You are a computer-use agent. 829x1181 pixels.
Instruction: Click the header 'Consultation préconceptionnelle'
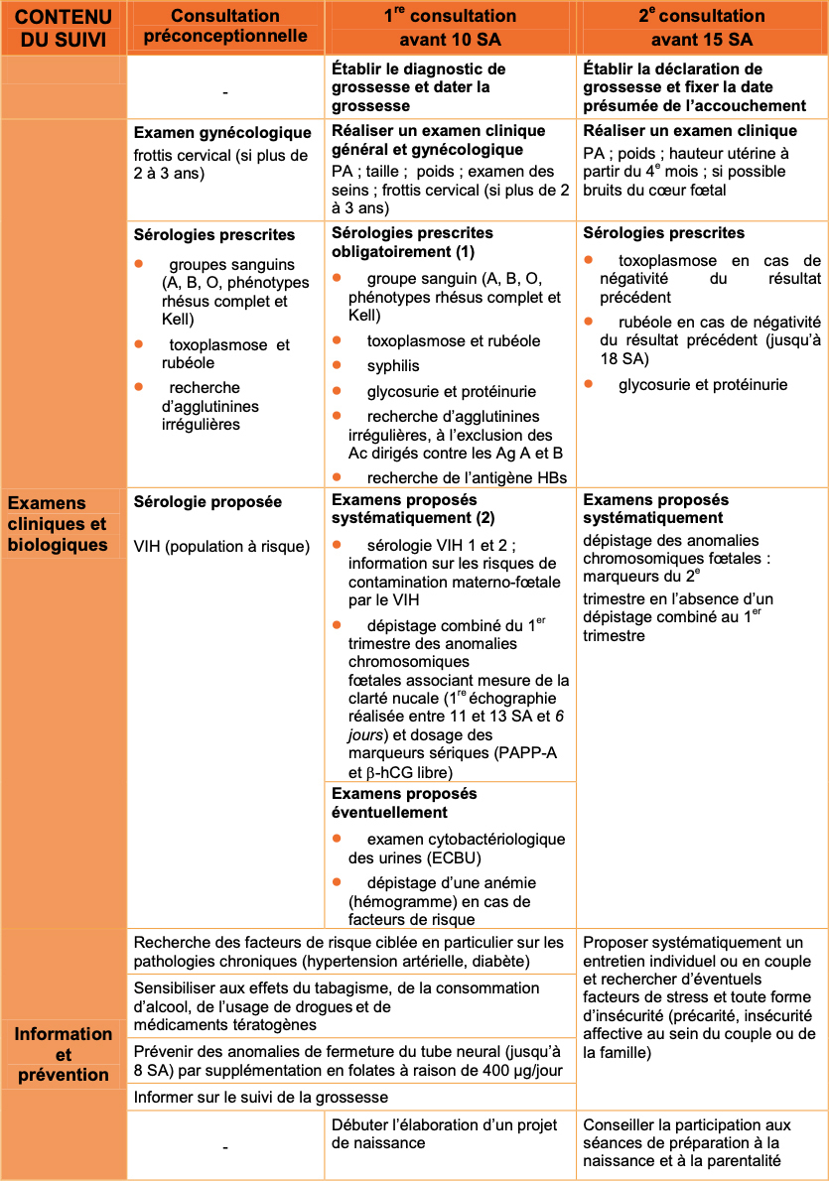tap(225, 28)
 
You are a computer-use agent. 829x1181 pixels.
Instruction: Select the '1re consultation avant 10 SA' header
tap(450, 28)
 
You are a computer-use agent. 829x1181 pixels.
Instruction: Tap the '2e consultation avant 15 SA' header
tap(702, 28)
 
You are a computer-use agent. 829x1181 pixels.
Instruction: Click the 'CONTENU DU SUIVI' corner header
tap(64, 28)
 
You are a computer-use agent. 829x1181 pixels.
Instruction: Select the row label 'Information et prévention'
tap(64, 1054)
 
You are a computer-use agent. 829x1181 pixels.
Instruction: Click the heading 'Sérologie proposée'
tap(207, 502)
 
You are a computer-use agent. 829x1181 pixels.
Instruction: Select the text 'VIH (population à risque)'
tap(221, 546)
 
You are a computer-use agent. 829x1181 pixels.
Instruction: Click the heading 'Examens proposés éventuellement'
tap(404, 803)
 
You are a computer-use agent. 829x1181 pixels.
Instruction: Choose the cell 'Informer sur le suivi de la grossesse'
tap(261, 1097)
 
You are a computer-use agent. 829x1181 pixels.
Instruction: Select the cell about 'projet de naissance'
tap(450, 1133)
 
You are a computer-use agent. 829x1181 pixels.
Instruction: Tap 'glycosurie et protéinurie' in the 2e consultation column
tap(703, 384)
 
